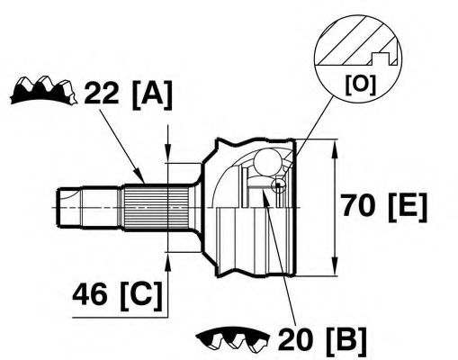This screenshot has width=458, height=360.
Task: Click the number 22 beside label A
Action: click(102, 93)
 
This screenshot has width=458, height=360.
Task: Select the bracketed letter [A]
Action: click(152, 94)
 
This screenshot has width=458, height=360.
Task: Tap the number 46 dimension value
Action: click(90, 294)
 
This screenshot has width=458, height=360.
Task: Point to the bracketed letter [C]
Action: click(141, 296)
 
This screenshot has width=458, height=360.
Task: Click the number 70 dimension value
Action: click(358, 205)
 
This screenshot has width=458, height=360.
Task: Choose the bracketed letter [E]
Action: click(408, 207)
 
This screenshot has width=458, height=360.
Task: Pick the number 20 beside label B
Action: click(296, 339)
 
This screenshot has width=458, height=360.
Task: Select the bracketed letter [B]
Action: click(346, 341)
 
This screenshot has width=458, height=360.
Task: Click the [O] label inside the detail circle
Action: click(360, 85)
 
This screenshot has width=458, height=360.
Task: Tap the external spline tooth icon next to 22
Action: click(43, 90)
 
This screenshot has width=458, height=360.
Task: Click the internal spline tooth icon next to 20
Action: click(232, 339)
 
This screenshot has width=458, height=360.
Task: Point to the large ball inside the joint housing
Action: click(266, 162)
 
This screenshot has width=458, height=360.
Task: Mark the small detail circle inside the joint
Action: click(278, 185)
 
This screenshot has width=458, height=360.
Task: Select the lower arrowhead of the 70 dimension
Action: click(335, 265)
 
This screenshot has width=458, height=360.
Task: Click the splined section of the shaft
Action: click(157, 207)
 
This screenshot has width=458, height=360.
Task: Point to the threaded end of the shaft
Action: click(69, 208)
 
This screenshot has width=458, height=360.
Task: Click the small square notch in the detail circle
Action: click(381, 58)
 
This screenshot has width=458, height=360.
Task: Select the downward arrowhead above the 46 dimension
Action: click(168, 153)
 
